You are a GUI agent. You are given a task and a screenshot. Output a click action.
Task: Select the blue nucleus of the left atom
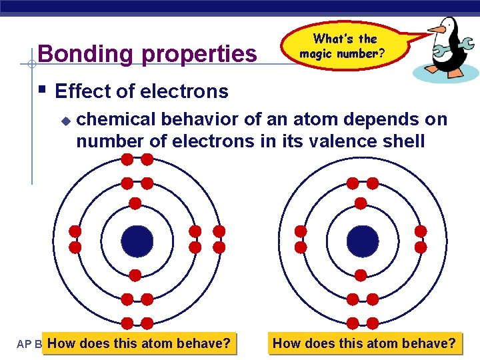[x=137, y=241]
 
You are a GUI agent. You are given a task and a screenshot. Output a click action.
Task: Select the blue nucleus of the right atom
[x=363, y=241]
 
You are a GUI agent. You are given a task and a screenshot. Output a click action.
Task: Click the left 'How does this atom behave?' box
[x=139, y=343]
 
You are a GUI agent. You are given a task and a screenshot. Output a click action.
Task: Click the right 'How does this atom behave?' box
[x=365, y=343]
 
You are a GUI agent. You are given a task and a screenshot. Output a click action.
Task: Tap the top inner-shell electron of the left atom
[x=135, y=203]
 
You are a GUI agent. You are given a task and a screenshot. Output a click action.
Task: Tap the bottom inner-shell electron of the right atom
[x=361, y=274]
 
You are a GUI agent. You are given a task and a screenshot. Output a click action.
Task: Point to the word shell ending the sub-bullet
[x=403, y=141]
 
